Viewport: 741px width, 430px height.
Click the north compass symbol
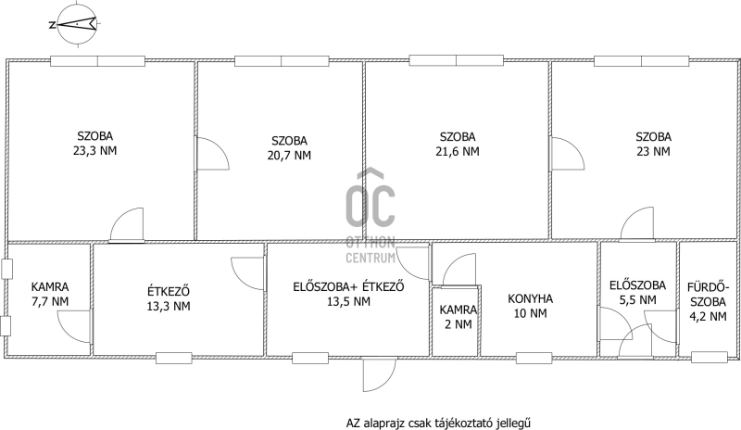pos(77,24)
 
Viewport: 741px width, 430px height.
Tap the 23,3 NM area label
pos(95,151)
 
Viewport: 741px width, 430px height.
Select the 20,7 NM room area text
pos(289,156)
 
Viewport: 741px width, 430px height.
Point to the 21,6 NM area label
pos(458,152)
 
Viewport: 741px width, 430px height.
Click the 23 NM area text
pos(653,152)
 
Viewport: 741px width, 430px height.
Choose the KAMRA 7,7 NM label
pos(50,295)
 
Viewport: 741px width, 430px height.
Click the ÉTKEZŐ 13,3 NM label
pos(169,298)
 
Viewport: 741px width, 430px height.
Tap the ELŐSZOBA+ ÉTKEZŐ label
pos(349,286)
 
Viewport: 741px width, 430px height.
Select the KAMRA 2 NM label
pos(458,317)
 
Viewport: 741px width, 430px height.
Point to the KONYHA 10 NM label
pos(530,306)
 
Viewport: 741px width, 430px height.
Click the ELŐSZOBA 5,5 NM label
pos(637,292)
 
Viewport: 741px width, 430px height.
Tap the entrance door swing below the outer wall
pos(380,375)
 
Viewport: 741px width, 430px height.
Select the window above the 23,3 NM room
pos(98,61)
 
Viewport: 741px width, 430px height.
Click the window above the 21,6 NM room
pos(457,60)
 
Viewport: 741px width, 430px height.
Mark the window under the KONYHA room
pos(534,358)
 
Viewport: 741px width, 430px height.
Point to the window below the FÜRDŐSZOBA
pos(710,357)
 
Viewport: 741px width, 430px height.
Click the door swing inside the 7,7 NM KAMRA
pos(74,326)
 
